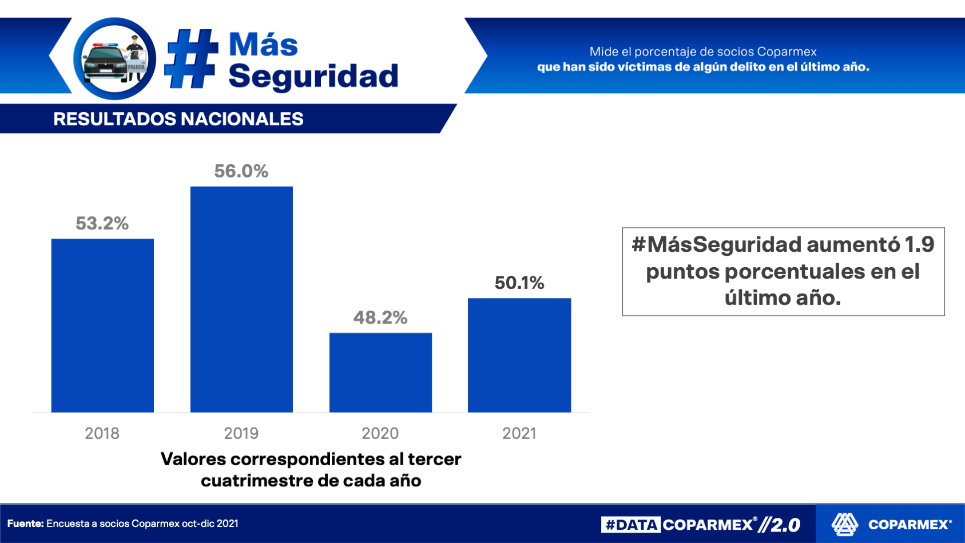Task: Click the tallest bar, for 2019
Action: coord(241,299)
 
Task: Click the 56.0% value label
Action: coord(241,171)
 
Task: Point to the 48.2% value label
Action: coord(380,318)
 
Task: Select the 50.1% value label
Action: coord(519,283)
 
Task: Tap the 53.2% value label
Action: coord(102,223)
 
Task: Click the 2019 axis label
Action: coord(241,433)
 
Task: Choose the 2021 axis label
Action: coord(519,433)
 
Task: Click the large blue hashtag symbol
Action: coord(192,58)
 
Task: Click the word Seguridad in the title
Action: coord(313,76)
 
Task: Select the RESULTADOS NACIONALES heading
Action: coord(178,119)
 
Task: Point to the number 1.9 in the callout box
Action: coord(919,245)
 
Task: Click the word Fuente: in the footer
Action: coord(25,524)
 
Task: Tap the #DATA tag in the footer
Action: coord(631,525)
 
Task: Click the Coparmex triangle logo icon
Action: coord(845,524)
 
